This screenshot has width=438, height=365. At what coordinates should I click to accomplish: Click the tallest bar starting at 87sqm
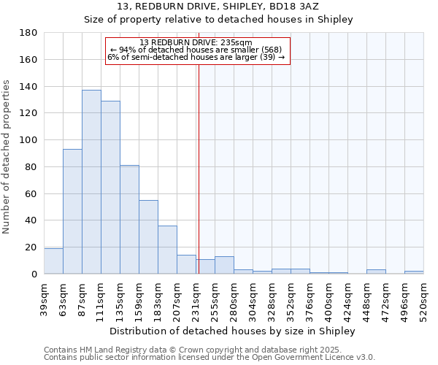[x=91, y=182]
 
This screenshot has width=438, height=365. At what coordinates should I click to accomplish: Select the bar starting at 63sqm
[x=72, y=211]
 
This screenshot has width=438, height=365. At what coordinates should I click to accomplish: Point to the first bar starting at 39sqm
[x=53, y=261]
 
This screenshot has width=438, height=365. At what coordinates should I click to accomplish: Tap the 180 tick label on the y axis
[x=29, y=33]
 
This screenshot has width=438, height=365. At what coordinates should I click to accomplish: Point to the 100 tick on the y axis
[x=29, y=140]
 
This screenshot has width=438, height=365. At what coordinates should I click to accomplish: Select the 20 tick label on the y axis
[x=32, y=247]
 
